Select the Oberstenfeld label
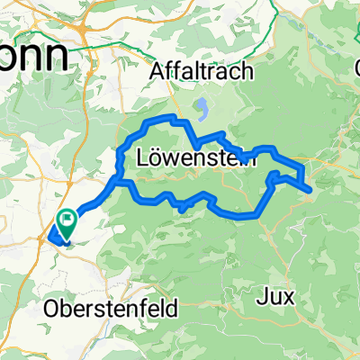(112, 309)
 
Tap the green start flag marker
(68, 220)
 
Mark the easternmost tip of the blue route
(311, 188)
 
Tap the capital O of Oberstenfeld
(51, 309)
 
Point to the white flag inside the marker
(69, 217)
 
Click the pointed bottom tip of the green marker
(67, 231)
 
